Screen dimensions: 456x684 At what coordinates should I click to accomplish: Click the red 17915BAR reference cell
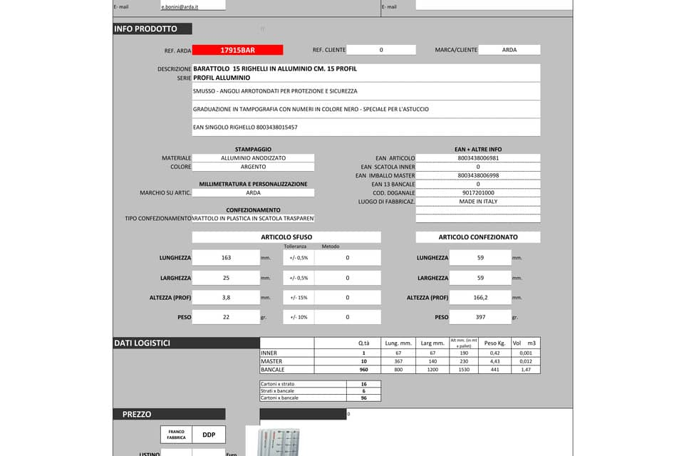tap(237, 50)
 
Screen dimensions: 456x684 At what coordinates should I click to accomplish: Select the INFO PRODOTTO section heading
tap(145, 29)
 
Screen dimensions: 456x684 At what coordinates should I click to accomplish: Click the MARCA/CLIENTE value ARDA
tap(509, 50)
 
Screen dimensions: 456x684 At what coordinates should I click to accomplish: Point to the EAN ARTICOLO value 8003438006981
tap(478, 158)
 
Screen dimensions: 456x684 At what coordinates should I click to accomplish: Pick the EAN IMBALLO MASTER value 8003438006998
tap(478, 175)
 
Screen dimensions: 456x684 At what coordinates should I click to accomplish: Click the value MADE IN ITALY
tap(478, 202)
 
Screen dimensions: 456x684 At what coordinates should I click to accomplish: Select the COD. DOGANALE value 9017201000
tap(478, 193)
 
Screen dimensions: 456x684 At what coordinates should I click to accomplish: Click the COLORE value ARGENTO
tap(253, 167)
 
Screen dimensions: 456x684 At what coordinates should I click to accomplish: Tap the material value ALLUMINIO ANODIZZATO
tap(253, 158)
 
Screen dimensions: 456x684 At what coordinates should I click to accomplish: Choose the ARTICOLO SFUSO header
tap(286, 237)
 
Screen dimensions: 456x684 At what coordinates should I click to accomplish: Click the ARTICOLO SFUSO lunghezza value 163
tap(226, 258)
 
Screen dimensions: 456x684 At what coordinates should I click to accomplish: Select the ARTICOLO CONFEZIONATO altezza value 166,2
tap(480, 298)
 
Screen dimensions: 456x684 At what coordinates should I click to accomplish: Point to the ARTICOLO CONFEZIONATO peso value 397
tap(480, 317)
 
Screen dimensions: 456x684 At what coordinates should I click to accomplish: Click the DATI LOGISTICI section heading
tap(142, 343)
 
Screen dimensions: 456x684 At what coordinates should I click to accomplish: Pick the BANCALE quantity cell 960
tap(363, 370)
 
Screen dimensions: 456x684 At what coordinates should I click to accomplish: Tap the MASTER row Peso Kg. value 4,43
tap(494, 361)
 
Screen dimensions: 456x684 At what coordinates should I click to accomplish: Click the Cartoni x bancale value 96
tap(363, 398)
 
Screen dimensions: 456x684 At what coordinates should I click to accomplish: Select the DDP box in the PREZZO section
tap(209, 435)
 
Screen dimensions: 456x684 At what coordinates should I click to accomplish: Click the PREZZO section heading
tap(137, 414)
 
